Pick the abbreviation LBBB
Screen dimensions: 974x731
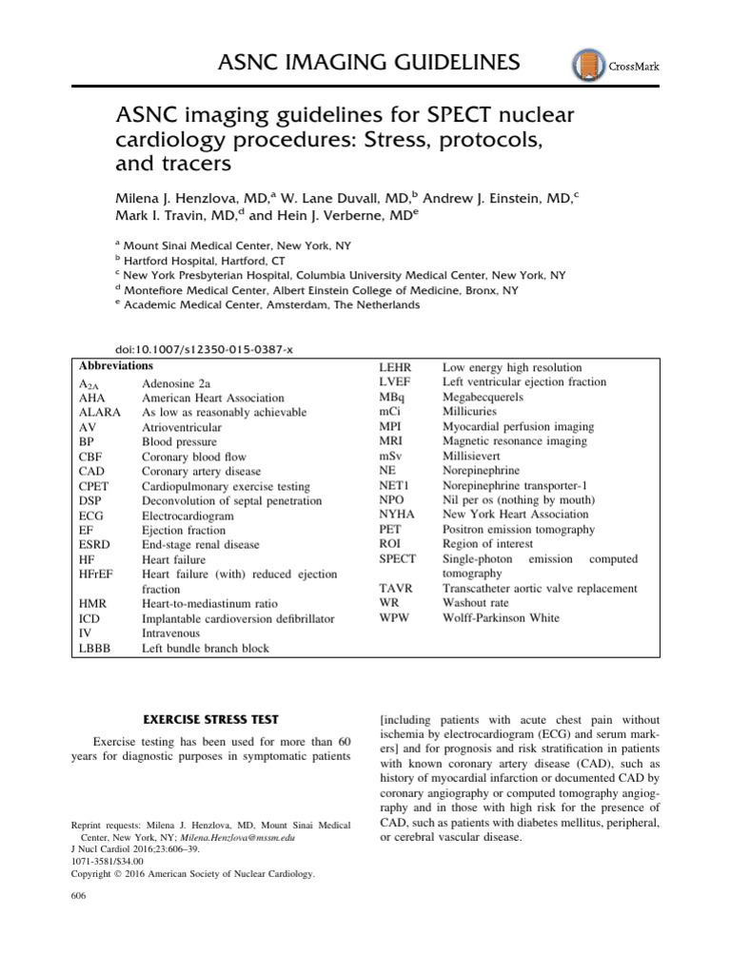(x=96, y=649)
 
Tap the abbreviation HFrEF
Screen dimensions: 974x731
(x=99, y=575)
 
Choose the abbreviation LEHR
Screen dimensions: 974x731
(x=395, y=367)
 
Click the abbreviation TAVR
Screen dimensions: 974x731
(x=395, y=589)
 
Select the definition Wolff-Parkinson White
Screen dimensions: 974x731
(x=501, y=618)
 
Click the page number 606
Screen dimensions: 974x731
(x=80, y=897)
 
